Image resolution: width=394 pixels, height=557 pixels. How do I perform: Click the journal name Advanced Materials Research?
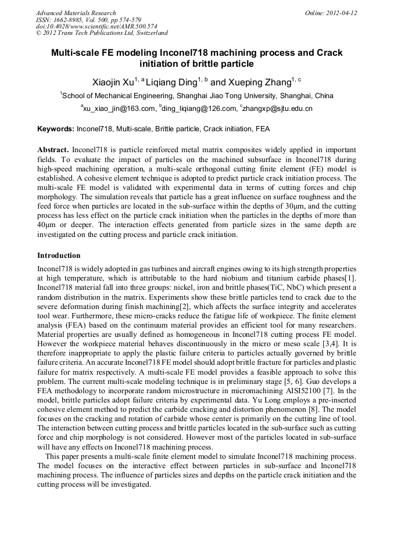pos(76,13)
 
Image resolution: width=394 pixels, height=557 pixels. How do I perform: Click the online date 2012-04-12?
pos(342,13)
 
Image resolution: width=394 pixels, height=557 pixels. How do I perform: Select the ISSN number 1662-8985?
pos(72,20)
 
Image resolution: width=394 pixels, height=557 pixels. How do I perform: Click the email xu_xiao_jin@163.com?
pos(119,109)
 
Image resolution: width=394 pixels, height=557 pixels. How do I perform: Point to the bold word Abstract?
pos(53,149)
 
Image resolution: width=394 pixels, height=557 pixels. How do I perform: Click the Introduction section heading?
pos(59,256)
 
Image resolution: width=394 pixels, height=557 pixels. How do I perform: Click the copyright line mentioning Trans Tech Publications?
pos(102,33)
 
